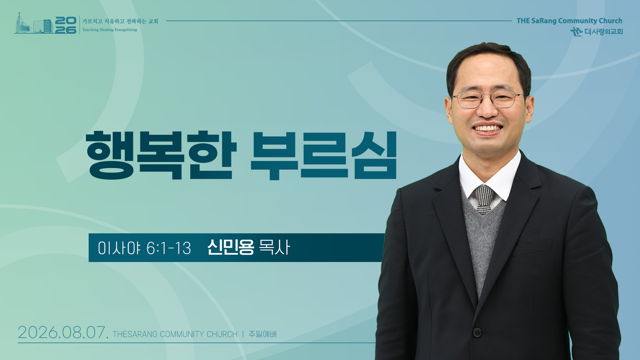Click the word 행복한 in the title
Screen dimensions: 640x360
tap(161, 155)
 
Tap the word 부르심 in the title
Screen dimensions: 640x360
tap(324, 155)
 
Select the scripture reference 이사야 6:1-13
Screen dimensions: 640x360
tap(144, 248)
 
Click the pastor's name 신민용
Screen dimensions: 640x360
tap(231, 247)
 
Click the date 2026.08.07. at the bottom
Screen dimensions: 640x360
tap(63, 332)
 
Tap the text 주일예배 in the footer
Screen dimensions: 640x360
tap(263, 334)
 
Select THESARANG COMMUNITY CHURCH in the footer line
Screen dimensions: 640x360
tap(175, 334)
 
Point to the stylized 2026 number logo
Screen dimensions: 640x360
tap(66, 25)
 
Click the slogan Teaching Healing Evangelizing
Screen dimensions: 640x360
tap(110, 30)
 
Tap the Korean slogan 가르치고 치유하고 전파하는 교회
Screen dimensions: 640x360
tap(120, 21)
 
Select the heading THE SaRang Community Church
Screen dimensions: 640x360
tap(569, 21)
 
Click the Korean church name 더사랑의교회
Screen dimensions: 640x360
tap(604, 32)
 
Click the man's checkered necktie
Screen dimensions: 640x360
tap(484, 199)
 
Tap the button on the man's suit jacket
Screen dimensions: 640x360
tap(477, 332)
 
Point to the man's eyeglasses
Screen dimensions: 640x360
tap(489, 99)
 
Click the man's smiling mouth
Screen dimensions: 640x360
tap(488, 128)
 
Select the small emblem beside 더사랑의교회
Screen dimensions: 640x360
tap(577, 32)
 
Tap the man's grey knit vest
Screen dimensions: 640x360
tap(482, 243)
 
